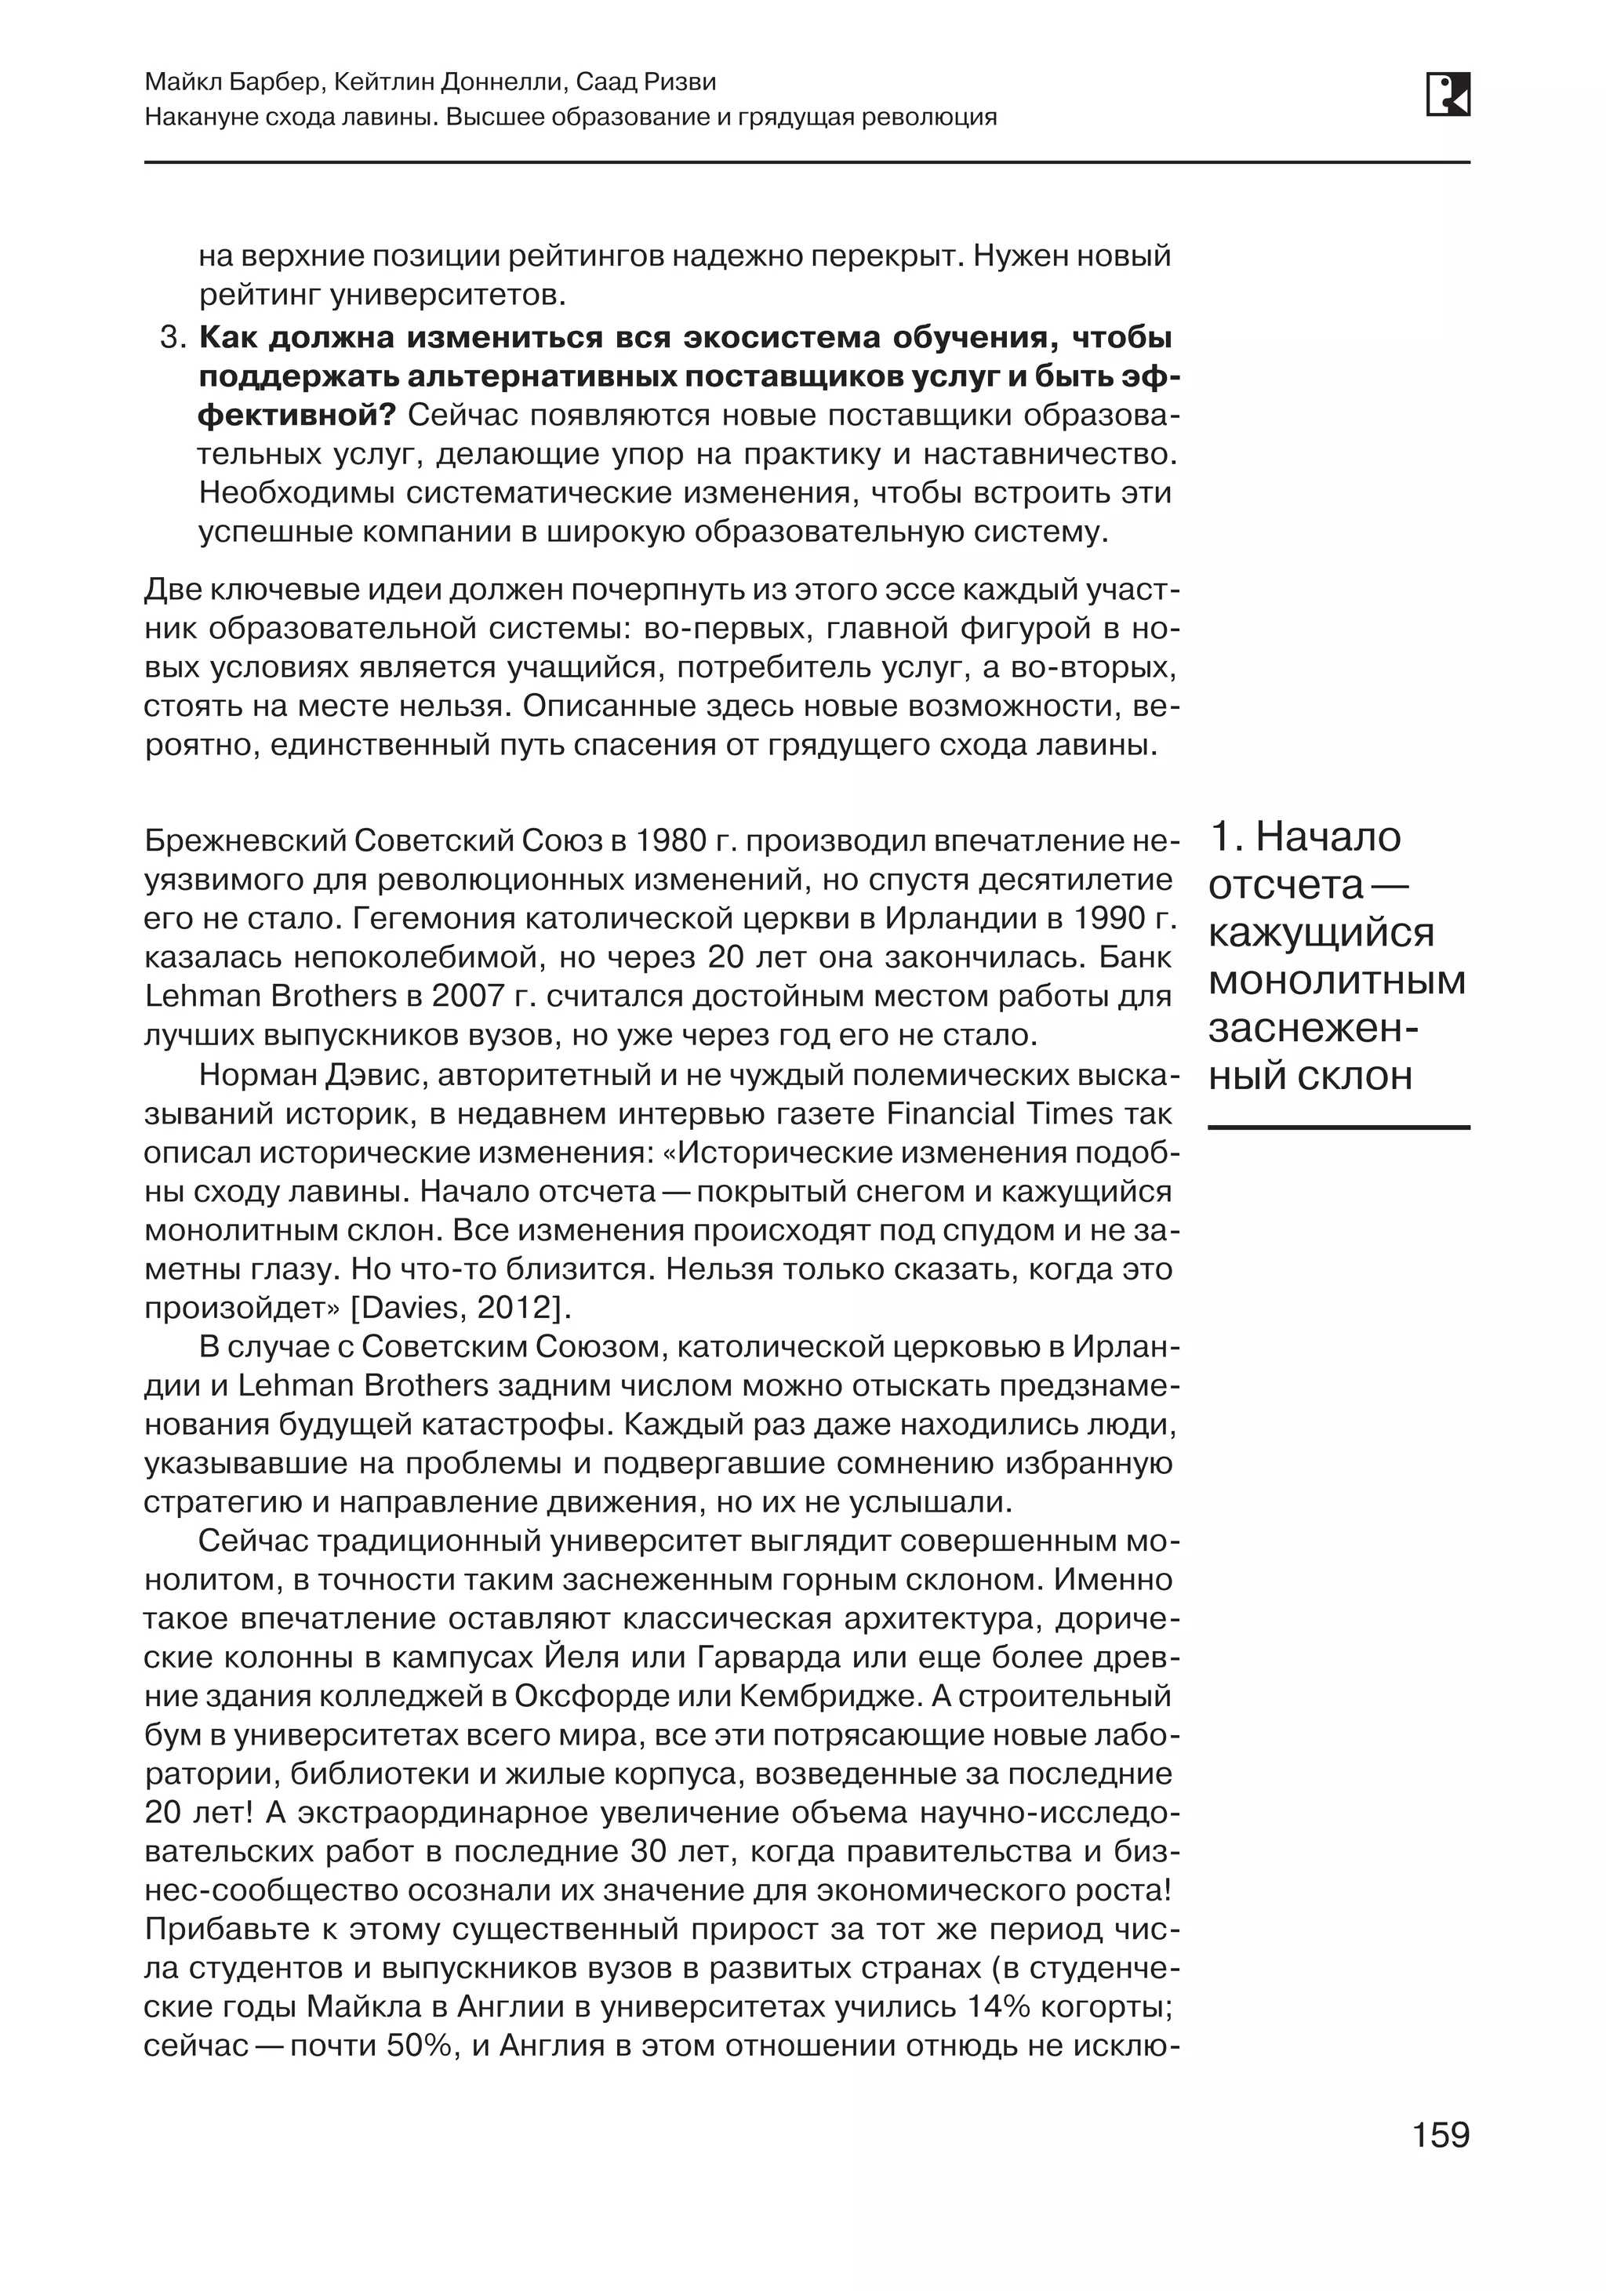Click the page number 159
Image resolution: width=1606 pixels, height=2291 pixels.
(x=1441, y=2135)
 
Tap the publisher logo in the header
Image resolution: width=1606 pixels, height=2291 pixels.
(x=1448, y=95)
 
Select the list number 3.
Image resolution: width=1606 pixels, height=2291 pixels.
(x=171, y=338)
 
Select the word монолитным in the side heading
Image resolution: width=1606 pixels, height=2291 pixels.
(x=1336, y=981)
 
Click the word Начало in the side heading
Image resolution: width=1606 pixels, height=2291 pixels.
(x=1328, y=837)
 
